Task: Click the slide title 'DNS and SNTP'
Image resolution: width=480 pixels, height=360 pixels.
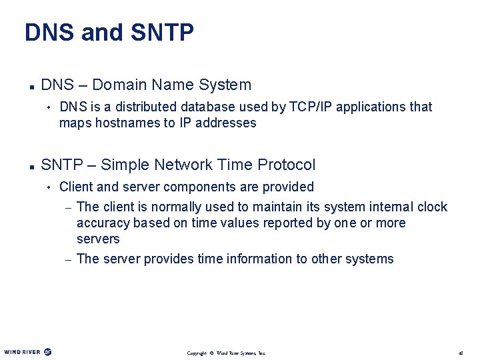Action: point(109,33)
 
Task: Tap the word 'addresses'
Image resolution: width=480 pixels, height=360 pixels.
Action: point(227,123)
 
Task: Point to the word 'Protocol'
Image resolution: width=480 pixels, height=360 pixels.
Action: point(286,165)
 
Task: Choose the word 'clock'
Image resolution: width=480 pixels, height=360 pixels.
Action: point(432,207)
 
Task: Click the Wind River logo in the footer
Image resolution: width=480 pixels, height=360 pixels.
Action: point(28,352)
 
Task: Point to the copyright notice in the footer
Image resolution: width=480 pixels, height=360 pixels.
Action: point(226,353)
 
